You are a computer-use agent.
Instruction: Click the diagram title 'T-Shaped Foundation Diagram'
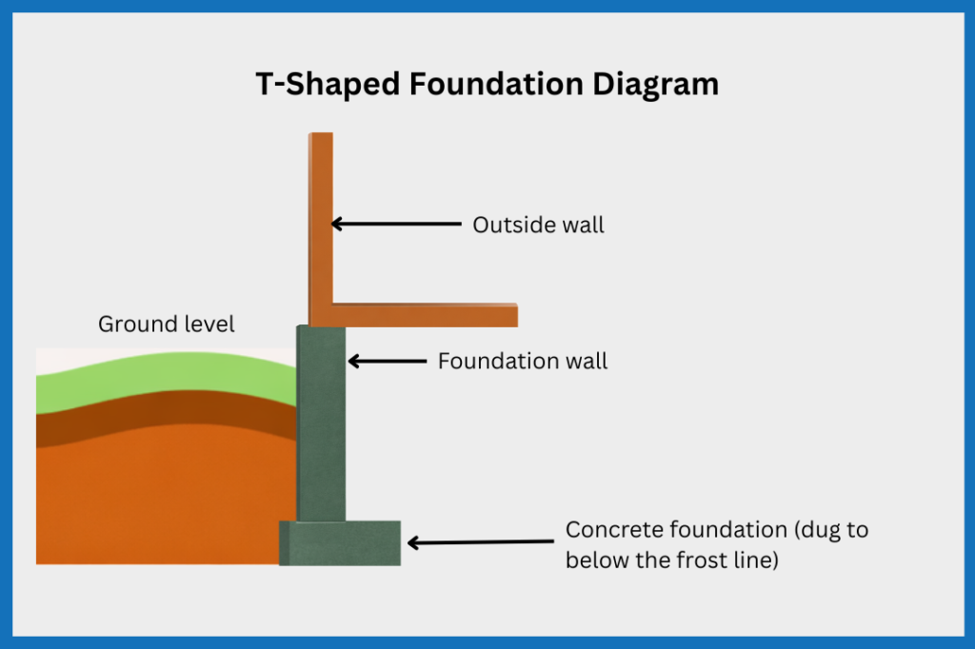487,84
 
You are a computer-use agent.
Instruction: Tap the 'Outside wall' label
538,226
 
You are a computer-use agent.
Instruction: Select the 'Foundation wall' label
522,362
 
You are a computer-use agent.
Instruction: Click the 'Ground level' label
167,324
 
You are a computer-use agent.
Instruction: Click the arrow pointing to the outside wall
395,225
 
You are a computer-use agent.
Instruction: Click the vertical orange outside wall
321,219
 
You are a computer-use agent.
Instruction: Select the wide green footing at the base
340,543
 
